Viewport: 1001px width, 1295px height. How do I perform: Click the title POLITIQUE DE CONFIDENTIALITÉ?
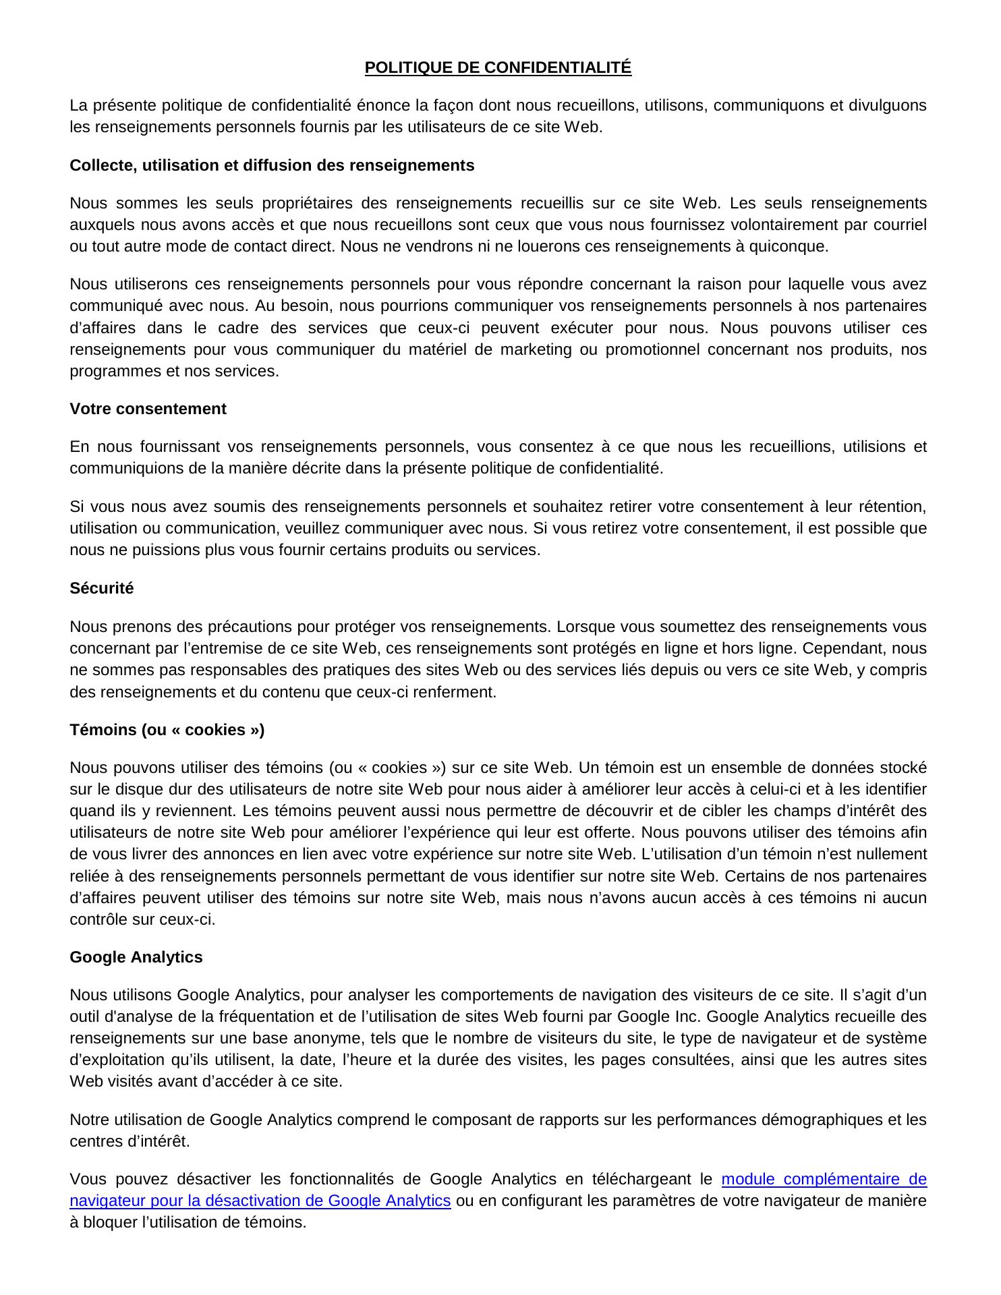498,67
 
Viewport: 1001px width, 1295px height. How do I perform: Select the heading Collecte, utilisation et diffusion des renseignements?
272,165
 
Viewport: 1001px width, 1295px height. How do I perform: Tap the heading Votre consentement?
148,409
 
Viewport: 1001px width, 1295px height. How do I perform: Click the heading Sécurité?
102,588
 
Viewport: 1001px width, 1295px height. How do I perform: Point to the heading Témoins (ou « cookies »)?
167,730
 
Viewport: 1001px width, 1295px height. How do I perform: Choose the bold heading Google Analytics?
136,957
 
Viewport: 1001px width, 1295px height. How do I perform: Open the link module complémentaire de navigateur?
824,1179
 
